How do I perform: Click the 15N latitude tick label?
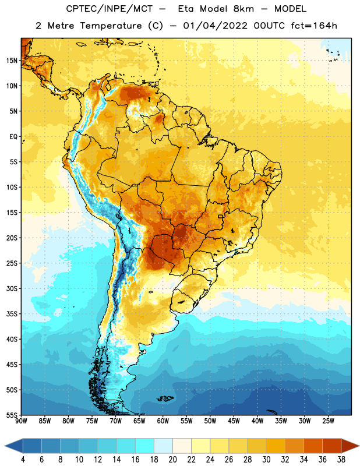coord(12,61)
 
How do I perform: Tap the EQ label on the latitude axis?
coord(13,137)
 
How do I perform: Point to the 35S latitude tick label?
coord(12,314)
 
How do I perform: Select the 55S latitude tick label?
coord(12,415)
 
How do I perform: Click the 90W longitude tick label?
coord(21,421)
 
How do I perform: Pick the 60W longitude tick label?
coord(163,421)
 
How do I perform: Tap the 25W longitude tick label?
coord(328,421)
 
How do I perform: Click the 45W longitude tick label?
coord(234,421)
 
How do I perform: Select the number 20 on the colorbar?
coord(172,460)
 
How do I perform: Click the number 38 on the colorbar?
coord(341,460)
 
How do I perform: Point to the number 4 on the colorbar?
coord(23,460)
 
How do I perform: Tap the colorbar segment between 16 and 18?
coord(145,446)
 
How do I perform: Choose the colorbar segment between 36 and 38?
coord(332,446)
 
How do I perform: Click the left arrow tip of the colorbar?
coord(5,446)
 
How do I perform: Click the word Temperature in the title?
coord(111,26)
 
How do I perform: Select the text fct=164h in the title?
coord(314,26)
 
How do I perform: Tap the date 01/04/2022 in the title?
coord(215,26)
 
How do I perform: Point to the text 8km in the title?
coord(243,9)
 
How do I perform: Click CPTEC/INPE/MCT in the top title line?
coord(109,9)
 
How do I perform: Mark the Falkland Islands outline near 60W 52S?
coord(165,398)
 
